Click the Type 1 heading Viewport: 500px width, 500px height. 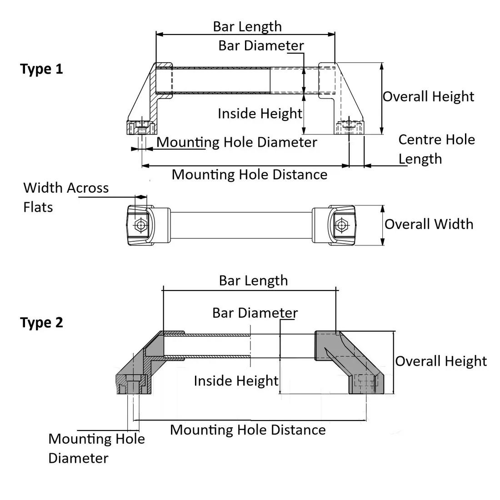tap(41, 69)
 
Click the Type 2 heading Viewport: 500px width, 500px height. tap(41, 323)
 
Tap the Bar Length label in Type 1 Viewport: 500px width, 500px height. tap(247, 26)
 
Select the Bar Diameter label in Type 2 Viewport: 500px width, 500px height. tap(255, 313)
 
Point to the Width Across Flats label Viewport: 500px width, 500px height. tap(65, 197)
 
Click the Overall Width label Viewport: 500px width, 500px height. tap(429, 224)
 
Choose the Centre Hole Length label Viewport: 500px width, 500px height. tap(436, 149)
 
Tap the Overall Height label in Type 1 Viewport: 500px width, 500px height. tap(428, 96)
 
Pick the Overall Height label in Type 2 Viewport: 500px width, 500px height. tap(440, 361)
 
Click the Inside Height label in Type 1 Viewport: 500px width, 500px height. tap(260, 113)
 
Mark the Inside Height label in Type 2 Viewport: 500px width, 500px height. tap(235, 380)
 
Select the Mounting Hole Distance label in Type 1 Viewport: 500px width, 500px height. tap(249, 175)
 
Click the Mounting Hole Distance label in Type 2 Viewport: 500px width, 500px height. tap(248, 430)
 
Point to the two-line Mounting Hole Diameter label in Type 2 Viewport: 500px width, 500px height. tap(96, 448)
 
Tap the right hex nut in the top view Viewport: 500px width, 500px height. tap(341, 225)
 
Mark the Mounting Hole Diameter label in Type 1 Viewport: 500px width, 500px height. tap(236, 142)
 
